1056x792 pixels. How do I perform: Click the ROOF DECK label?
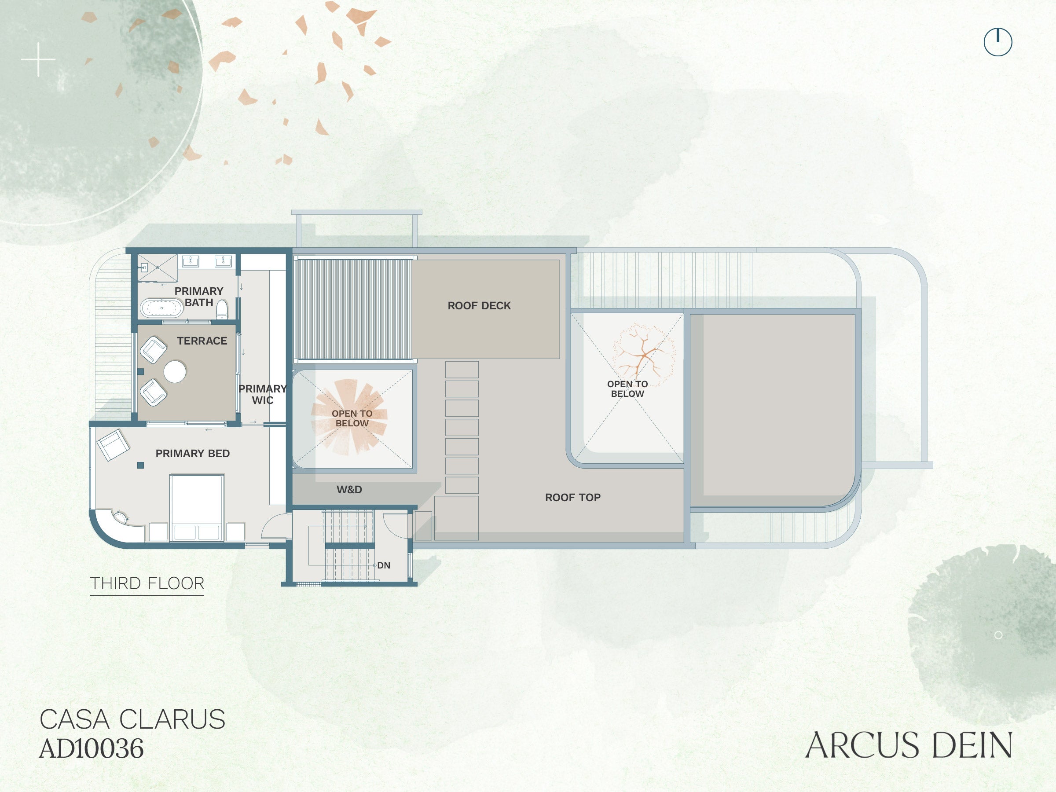(479, 305)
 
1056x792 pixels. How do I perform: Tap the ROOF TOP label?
(572, 498)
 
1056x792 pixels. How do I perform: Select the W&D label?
(349, 489)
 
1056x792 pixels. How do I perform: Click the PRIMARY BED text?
(192, 454)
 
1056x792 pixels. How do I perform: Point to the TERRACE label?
(202, 341)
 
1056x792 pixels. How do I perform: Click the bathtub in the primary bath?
(161, 308)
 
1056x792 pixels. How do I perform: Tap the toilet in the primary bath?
(222, 310)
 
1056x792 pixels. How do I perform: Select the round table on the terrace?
(175, 371)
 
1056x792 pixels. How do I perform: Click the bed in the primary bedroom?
(197, 507)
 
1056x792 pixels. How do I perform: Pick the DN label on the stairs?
(383, 565)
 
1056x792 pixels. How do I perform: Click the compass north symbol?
(998, 42)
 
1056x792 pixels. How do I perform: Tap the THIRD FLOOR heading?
(147, 583)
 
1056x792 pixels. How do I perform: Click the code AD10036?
(91, 748)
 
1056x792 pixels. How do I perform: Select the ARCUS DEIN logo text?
(909, 745)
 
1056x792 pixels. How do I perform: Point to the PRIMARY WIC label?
(263, 394)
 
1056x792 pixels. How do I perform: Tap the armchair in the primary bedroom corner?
(113, 445)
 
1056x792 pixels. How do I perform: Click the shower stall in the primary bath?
(158, 268)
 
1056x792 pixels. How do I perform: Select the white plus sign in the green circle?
(38, 60)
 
